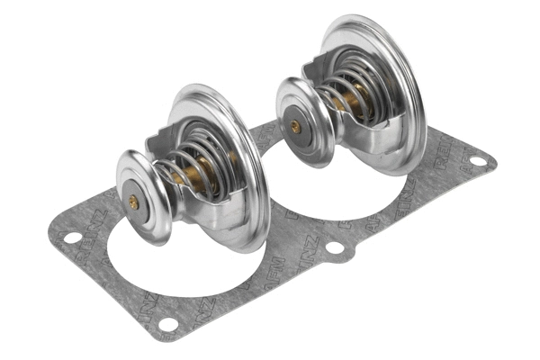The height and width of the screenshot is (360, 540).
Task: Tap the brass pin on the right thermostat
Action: click(295, 127)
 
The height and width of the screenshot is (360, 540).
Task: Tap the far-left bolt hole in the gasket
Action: click(68, 238)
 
